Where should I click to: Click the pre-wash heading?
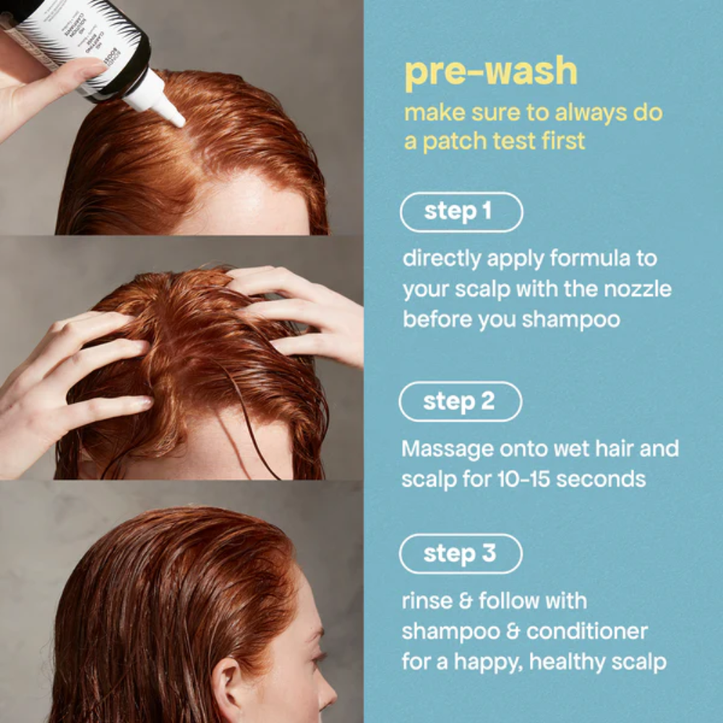pyautogui.click(x=491, y=72)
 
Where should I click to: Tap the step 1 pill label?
pyautogui.click(x=461, y=212)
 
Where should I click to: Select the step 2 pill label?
pyautogui.click(x=460, y=402)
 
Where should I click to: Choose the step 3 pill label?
pyautogui.click(x=461, y=554)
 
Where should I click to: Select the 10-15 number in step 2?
pyautogui.click(x=528, y=479)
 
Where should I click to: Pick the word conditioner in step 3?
pyautogui.click(x=586, y=631)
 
